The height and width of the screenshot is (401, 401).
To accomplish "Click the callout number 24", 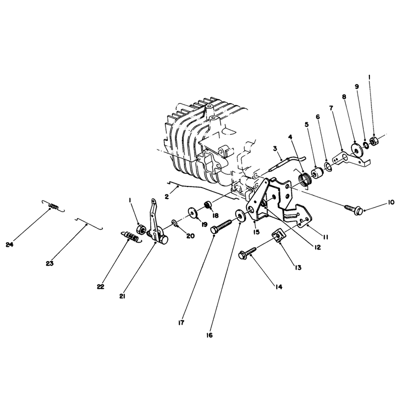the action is [10, 245].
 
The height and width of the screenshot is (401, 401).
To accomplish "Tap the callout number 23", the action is [50, 264].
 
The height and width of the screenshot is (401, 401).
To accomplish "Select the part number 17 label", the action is [181, 323].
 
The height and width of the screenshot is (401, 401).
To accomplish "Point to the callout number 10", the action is [391, 203].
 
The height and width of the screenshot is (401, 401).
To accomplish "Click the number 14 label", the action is [279, 287].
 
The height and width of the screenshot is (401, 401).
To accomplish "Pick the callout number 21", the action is [122, 296].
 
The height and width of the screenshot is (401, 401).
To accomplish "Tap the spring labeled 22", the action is [130, 237].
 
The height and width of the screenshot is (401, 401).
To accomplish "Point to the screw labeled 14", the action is [247, 253].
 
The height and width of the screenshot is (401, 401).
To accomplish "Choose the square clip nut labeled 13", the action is [277, 236].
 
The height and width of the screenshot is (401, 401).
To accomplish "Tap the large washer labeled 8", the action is [356, 149].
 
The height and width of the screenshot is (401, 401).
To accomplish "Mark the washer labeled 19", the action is [194, 212].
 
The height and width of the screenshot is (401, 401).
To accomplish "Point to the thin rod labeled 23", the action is [88, 224].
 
